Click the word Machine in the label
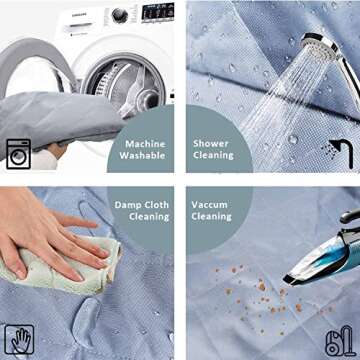click(x=145, y=144)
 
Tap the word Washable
click(x=142, y=156)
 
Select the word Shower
click(x=211, y=144)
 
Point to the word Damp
click(x=127, y=205)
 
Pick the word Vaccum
click(x=210, y=205)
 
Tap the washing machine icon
click(x=18, y=154)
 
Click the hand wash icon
click(x=19, y=339)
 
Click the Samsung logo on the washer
click(x=78, y=14)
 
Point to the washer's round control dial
click(x=119, y=15)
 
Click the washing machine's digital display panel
click(x=158, y=13)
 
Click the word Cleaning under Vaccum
click(x=211, y=217)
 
